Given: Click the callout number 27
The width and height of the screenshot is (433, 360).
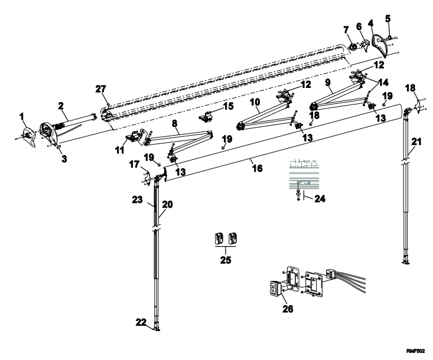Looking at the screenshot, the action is click(x=101, y=89).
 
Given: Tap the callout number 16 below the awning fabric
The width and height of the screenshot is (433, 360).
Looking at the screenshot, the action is click(x=258, y=168).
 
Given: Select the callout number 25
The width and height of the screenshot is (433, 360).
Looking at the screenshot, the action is click(x=226, y=260).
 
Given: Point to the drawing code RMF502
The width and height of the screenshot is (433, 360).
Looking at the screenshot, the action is click(x=415, y=351).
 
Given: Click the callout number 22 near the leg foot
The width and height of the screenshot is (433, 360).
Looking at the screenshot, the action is click(x=141, y=322).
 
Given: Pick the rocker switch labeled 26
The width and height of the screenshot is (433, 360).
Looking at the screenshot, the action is click(x=275, y=289).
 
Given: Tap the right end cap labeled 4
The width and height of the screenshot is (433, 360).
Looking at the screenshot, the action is click(x=380, y=45).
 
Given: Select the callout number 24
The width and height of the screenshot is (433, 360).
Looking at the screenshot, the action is click(x=320, y=199).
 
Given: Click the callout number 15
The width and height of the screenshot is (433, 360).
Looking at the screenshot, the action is click(x=228, y=106).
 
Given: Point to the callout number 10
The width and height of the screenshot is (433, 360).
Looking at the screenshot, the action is click(x=255, y=102).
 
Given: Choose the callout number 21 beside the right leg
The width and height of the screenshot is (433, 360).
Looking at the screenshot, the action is click(x=416, y=142).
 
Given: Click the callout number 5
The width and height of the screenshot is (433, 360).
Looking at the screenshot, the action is click(x=388, y=19).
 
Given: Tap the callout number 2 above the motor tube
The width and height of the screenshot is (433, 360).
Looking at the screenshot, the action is click(x=61, y=106).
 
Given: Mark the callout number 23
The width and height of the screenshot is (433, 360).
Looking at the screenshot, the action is click(x=137, y=199).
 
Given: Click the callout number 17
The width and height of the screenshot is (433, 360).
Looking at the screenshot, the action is click(x=134, y=165).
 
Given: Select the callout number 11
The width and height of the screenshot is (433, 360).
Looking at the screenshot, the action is click(x=119, y=150).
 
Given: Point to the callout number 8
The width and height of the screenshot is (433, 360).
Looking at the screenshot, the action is click(x=174, y=123).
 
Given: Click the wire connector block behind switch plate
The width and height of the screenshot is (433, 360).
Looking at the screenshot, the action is click(x=330, y=274).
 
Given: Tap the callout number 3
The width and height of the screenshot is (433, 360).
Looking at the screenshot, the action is click(x=64, y=159).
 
